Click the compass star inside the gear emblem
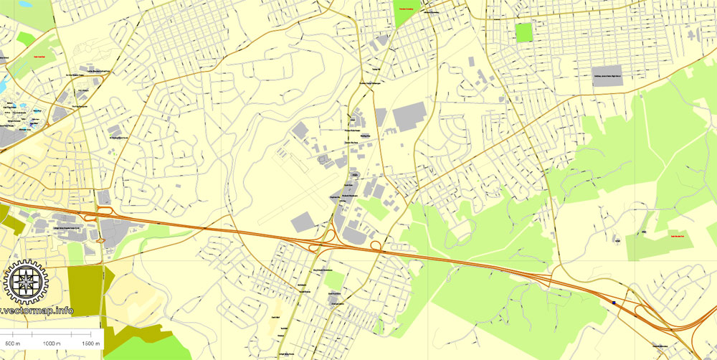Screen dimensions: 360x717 click(26, 282)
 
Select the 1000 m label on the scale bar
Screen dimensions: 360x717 click(49, 344)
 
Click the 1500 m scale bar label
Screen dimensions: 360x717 click(90, 344)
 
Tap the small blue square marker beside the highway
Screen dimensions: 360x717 click(614, 303)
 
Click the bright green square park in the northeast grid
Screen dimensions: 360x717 click(524, 32)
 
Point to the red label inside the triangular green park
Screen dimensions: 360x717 click(407, 9)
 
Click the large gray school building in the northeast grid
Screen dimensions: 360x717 click(608, 75)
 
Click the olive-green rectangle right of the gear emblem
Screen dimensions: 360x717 click(86, 290)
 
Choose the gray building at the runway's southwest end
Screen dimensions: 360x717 click(303, 222)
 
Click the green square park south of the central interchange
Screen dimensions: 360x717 click(335, 279)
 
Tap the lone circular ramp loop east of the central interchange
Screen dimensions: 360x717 click(375, 246)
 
